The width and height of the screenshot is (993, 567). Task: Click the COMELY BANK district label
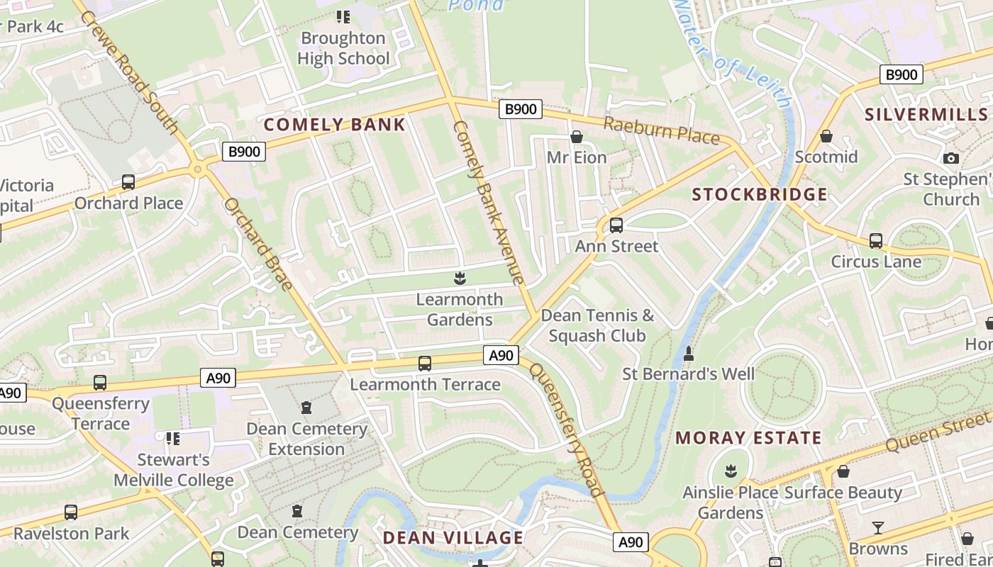coord(335,125)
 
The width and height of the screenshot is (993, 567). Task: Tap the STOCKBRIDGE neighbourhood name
coord(760,195)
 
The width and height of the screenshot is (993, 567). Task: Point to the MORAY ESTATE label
coord(748,438)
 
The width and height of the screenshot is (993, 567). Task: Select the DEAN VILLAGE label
coord(453,538)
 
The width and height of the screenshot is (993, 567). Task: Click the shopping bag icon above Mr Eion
coord(577,137)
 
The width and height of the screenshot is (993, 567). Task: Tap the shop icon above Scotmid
coord(826,136)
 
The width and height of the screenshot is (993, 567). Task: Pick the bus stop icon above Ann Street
coord(616,225)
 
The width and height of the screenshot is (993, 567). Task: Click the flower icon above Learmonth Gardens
coord(460,279)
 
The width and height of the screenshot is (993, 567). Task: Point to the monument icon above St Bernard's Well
coord(688,353)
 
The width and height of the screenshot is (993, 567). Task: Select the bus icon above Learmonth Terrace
coord(425,364)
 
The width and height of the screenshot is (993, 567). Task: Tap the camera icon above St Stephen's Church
coord(951,159)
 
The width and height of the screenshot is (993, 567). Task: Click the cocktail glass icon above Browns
coord(878,528)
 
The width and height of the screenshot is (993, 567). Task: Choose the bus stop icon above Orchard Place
coord(128,182)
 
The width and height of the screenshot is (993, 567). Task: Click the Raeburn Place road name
coord(661,131)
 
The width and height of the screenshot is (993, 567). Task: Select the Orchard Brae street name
coord(258,244)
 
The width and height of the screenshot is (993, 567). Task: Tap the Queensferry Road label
coord(567,430)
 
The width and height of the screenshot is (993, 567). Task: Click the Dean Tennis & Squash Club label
coord(597,325)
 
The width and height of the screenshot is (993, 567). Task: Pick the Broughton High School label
coord(343,48)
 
